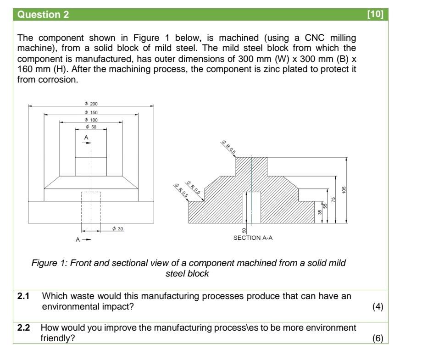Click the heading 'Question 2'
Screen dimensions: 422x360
(x=43, y=15)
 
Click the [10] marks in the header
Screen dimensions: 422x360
(x=375, y=14)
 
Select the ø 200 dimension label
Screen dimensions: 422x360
(x=91, y=104)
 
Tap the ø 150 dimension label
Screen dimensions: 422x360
(x=91, y=112)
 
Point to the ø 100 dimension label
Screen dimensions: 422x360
(x=91, y=120)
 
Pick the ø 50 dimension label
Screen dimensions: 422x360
(x=91, y=127)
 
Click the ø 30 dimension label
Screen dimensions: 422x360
(x=117, y=229)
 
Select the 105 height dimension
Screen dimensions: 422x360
(x=344, y=190)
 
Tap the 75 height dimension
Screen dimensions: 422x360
(x=333, y=199)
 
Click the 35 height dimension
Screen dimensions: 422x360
(x=320, y=212)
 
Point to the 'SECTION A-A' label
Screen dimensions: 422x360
(x=253, y=238)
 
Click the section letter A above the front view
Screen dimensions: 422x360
(x=86, y=138)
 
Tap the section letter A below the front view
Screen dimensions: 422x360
(x=78, y=239)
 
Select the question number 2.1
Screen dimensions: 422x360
(x=23, y=296)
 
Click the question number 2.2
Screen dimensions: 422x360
(x=23, y=328)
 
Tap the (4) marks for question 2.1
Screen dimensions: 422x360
(x=378, y=307)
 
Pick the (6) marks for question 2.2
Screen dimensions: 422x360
(x=378, y=338)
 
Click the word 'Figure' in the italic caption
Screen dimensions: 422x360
(x=44, y=263)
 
